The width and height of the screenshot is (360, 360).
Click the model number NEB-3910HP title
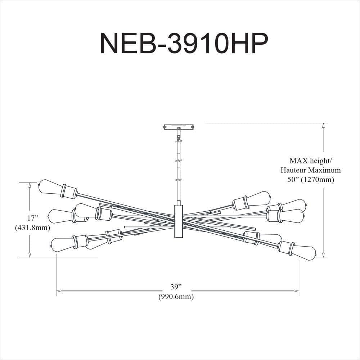point(184,44)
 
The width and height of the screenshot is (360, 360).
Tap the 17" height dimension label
point(32,218)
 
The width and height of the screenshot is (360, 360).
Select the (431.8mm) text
point(32,228)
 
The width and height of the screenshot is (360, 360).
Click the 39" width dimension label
point(176,287)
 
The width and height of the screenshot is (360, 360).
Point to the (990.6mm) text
point(176,297)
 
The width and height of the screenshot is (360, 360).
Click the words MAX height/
point(310,161)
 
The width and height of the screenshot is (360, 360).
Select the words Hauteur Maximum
point(311,170)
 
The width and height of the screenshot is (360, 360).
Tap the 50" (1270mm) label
point(311,180)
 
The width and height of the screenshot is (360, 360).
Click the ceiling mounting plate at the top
point(179,127)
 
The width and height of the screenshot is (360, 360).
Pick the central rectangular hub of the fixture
point(179,221)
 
